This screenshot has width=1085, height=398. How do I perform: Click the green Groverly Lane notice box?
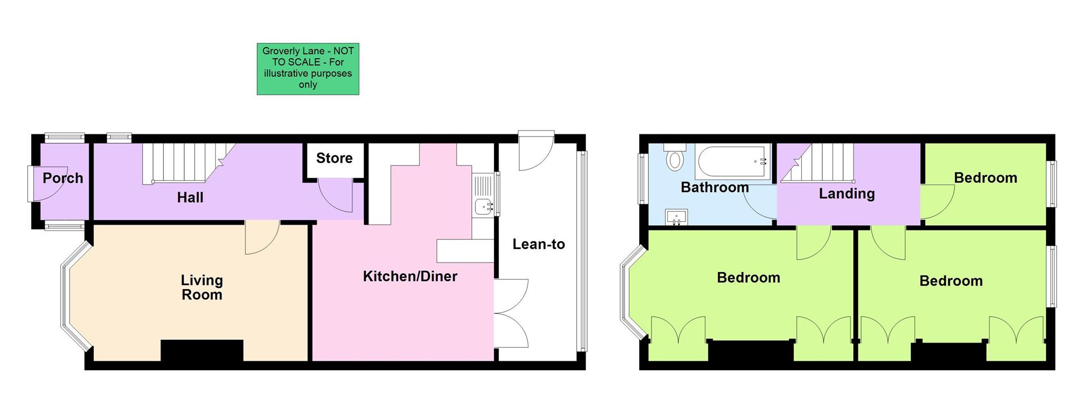click(x=308, y=69)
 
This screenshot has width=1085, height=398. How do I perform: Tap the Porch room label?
click(x=63, y=178)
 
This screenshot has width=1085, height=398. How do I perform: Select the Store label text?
click(x=334, y=158)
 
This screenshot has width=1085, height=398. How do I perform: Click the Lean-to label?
click(x=539, y=244)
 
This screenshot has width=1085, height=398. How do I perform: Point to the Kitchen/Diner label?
click(x=410, y=276)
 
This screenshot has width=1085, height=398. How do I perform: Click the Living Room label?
click(x=202, y=287)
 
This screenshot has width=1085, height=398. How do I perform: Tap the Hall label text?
click(x=190, y=198)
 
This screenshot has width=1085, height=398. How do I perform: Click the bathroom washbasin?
click(x=676, y=217)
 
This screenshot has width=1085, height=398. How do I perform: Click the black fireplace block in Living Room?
click(x=202, y=351)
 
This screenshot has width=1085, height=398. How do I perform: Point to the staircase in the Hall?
click(x=181, y=163)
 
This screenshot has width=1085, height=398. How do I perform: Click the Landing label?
click(x=847, y=194)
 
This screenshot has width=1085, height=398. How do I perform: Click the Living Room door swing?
click(x=261, y=237)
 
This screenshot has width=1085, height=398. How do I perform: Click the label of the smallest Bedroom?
click(x=985, y=178)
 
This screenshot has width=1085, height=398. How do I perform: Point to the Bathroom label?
click(x=714, y=187)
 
